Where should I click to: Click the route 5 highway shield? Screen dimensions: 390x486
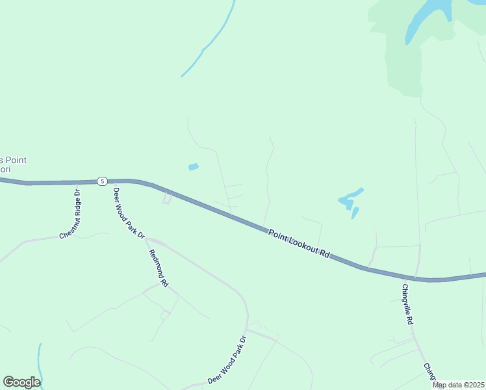coord(102,181)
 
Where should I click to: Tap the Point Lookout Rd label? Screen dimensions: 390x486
coord(298,244)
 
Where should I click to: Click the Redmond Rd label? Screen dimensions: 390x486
coord(159,268)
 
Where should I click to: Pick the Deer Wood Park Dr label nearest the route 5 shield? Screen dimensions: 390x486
coord(128,213)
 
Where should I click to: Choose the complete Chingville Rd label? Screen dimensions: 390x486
coord(407,304)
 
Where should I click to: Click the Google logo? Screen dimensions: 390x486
coord(21,382)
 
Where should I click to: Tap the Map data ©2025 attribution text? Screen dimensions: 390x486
coord(458,385)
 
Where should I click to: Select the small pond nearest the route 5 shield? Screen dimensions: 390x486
coord(193,167)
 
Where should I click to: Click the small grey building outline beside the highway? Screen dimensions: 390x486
coord(168,198)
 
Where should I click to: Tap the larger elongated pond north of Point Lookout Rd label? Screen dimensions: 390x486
coord(350,198)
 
